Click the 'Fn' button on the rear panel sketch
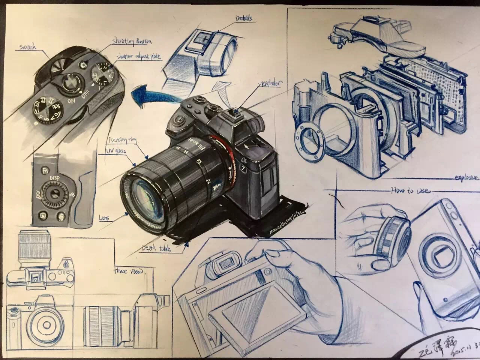click(x=45, y=171)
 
